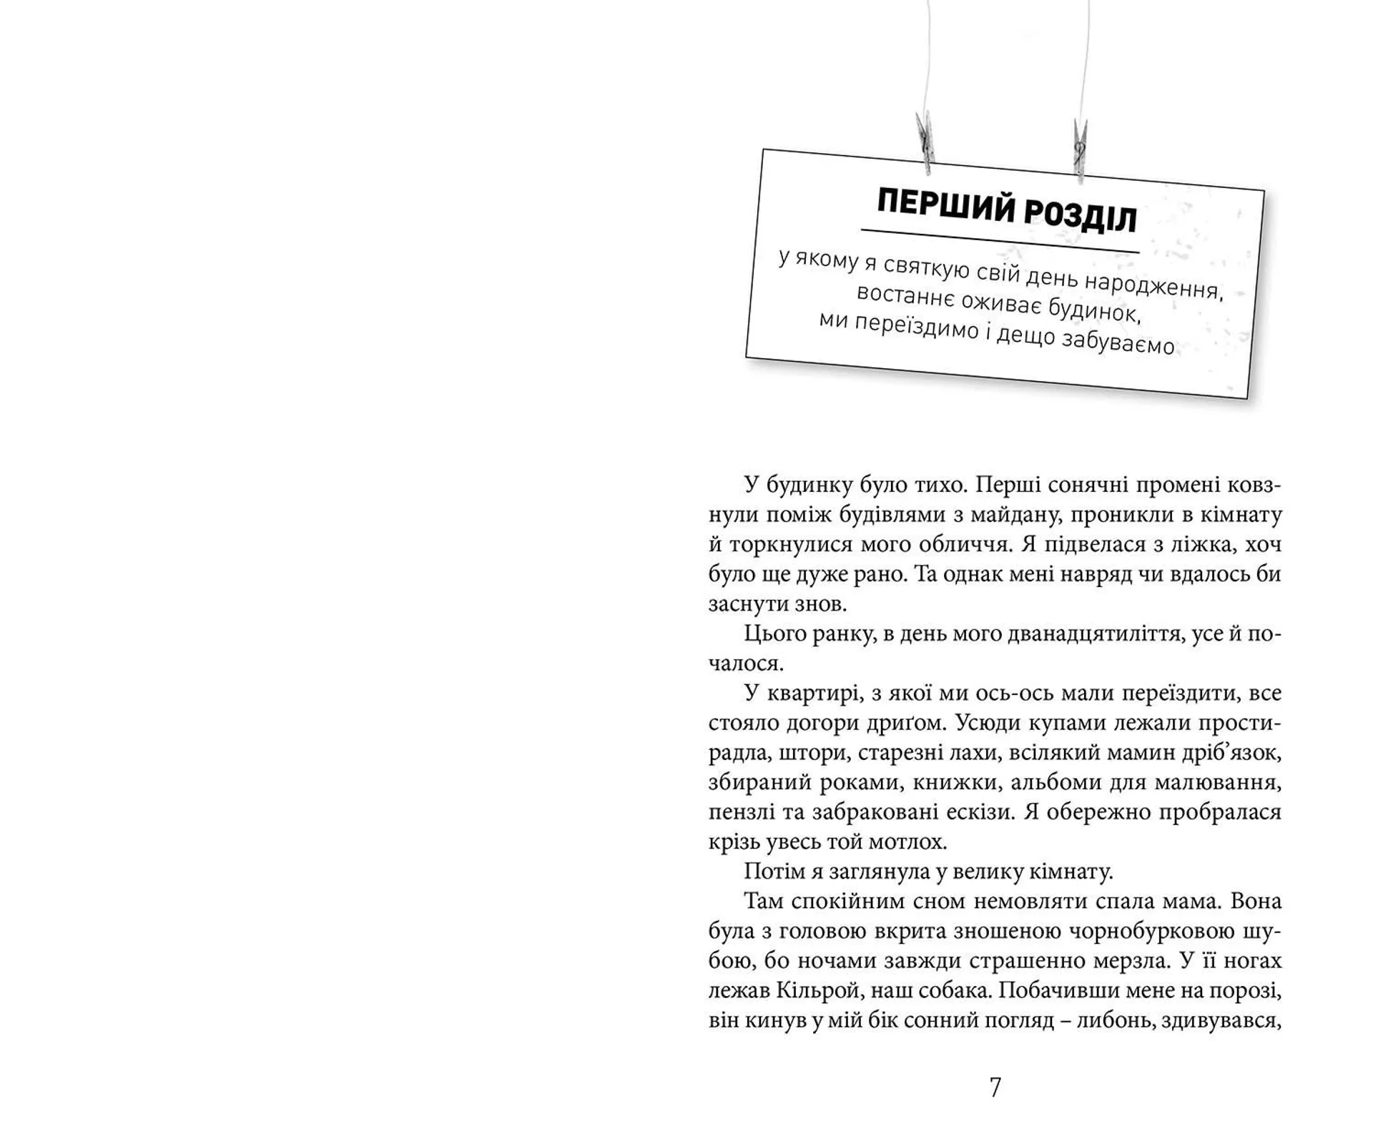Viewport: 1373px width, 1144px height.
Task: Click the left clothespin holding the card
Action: [x=925, y=142]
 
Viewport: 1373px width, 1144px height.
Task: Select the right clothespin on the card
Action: [x=1081, y=149]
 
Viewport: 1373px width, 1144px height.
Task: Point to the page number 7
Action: [x=995, y=1088]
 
